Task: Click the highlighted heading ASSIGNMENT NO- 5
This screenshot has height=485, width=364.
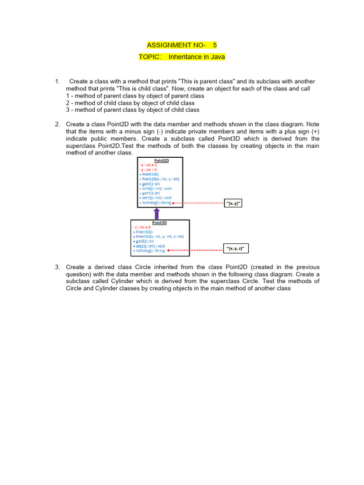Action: click(182, 45)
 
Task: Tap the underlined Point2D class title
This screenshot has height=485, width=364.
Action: click(162, 160)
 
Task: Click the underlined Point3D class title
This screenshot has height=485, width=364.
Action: click(159, 223)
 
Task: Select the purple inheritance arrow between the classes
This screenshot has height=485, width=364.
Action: click(157, 213)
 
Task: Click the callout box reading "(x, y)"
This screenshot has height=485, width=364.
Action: click(236, 203)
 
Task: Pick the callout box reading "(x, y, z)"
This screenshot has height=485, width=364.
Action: click(236, 248)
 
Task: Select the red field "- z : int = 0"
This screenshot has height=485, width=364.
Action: click(142, 227)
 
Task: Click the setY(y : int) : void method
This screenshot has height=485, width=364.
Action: click(155, 198)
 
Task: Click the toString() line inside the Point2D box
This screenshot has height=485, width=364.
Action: click(155, 203)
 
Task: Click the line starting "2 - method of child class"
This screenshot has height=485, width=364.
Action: click(130, 103)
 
